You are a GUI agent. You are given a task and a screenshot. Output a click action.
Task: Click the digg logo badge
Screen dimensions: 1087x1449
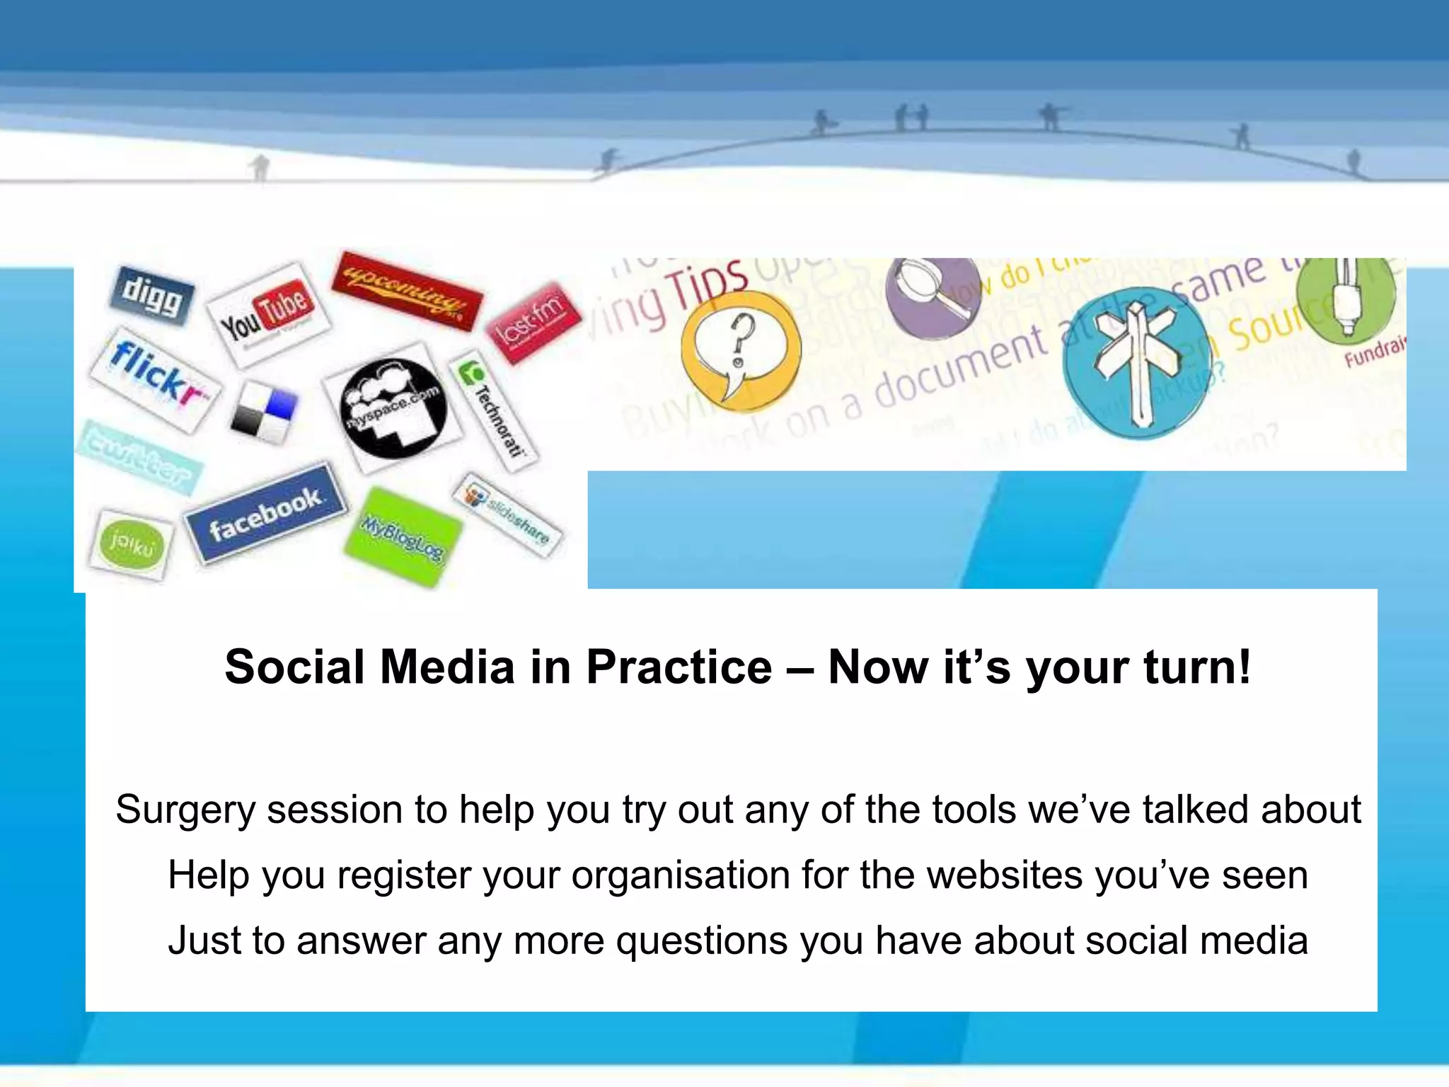152,296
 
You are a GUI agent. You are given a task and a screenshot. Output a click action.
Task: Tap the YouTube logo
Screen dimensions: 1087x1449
267,315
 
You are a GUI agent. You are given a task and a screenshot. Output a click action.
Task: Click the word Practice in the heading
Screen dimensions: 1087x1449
679,667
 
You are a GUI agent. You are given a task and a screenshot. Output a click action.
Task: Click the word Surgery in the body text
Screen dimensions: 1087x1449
185,810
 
